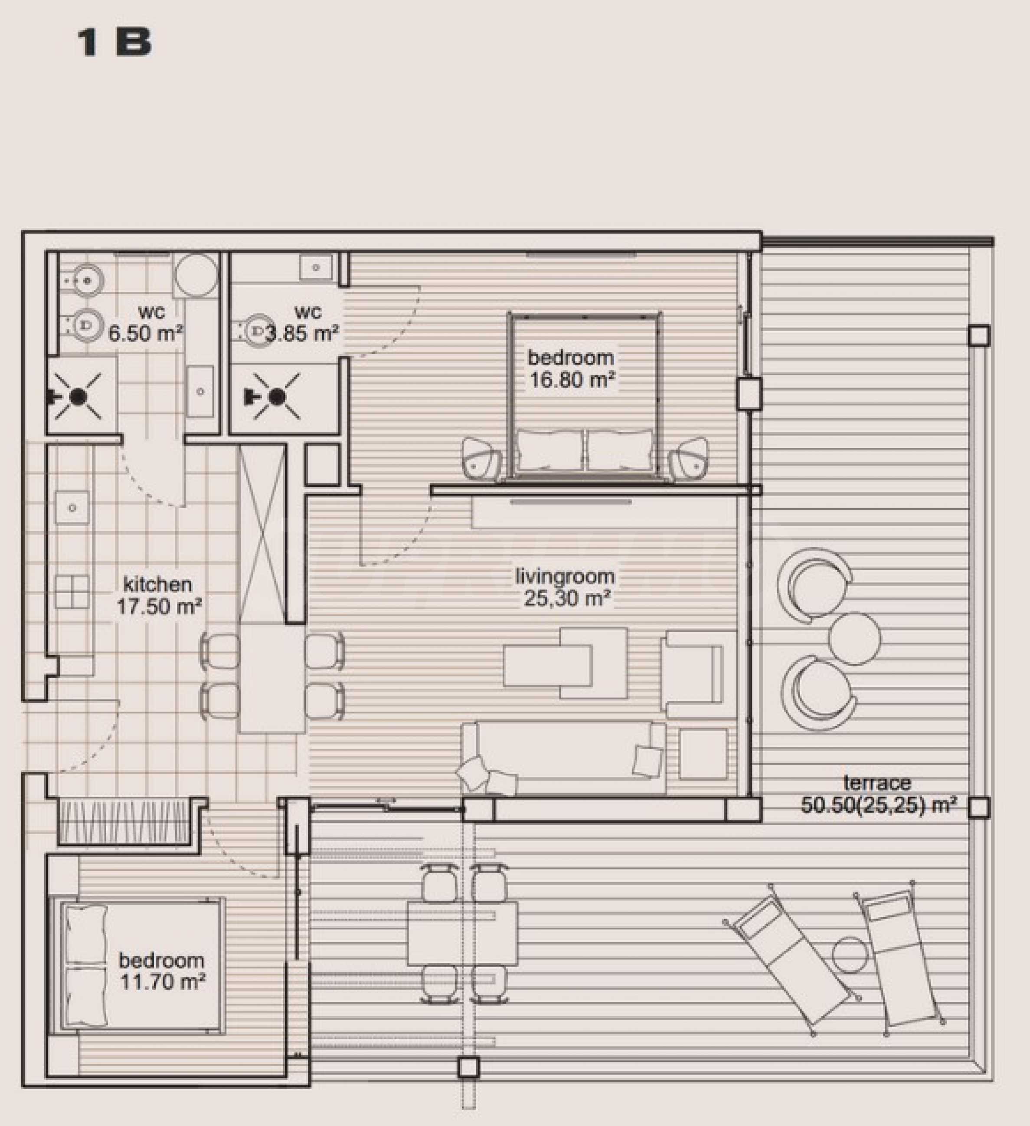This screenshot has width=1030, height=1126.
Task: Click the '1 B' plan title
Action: [114, 43]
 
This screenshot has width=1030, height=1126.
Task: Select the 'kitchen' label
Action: [157, 585]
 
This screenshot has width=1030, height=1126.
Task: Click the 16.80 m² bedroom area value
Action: [572, 381]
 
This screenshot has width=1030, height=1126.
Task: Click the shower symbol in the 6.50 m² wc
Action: [78, 396]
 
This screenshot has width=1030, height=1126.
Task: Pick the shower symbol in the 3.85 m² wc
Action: [276, 396]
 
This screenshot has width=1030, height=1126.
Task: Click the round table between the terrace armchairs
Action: [854, 638]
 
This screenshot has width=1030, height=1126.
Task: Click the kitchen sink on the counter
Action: [72, 507]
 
